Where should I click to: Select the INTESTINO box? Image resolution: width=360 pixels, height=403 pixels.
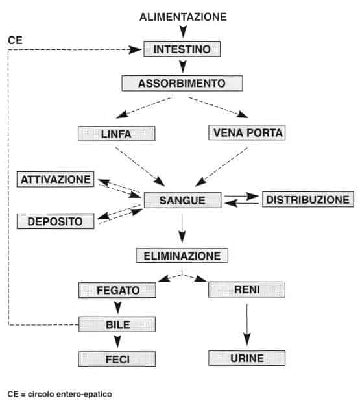point(182,49)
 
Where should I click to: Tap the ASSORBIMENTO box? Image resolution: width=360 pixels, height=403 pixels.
point(182,84)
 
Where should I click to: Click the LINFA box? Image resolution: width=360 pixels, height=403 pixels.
point(117,134)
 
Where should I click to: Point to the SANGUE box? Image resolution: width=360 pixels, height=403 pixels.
point(182,200)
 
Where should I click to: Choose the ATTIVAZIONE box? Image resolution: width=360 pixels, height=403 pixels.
point(56,178)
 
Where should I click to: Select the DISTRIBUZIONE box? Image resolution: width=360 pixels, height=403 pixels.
point(307,199)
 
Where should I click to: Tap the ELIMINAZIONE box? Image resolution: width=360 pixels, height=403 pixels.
point(182,255)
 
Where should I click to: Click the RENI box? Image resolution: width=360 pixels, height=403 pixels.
point(246,289)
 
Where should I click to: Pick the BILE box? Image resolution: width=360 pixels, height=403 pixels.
point(117,324)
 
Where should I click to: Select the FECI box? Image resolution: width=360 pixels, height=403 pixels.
point(117,359)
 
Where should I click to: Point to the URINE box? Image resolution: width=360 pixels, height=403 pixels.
point(246,358)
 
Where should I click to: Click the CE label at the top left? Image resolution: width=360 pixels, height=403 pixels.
point(15,40)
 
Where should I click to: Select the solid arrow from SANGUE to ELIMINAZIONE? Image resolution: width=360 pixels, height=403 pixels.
point(182,227)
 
